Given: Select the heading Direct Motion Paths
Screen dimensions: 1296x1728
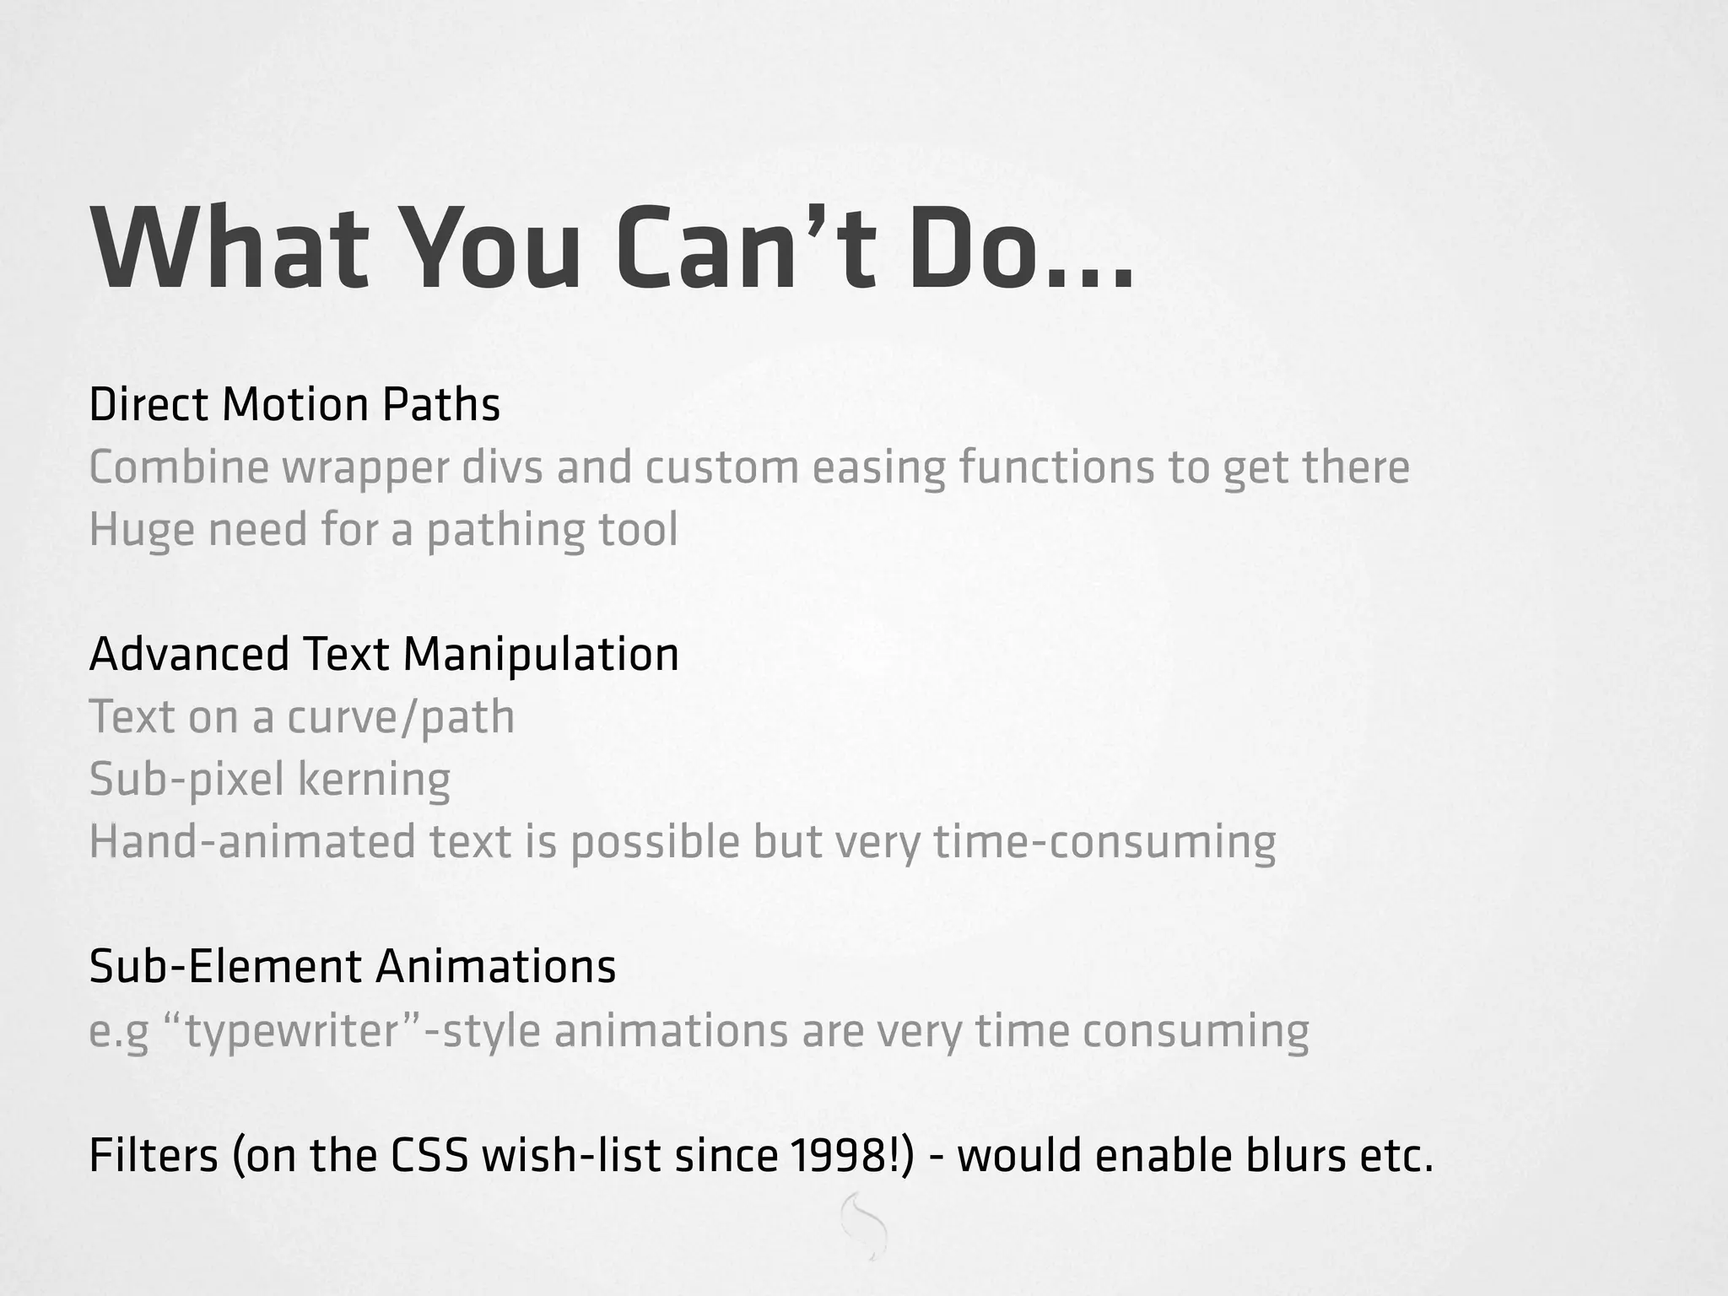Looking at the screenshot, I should tap(294, 404).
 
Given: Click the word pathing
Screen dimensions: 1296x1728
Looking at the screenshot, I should tap(505, 531).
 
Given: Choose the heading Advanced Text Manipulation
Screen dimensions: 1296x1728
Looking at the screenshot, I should tap(384, 654).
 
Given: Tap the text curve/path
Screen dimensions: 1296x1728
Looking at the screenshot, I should tap(401, 717).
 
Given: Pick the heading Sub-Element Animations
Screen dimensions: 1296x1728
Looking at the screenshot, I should tap(353, 966).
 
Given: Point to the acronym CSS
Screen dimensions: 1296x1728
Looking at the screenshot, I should tap(429, 1156).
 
